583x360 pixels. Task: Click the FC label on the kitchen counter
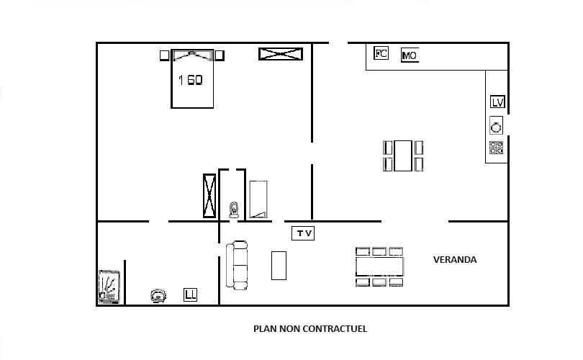tap(381, 53)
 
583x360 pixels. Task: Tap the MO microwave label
tap(410, 55)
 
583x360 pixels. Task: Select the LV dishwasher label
tap(497, 102)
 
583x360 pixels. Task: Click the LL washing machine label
tap(190, 295)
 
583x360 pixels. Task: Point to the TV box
tap(303, 233)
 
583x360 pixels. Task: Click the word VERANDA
tap(455, 260)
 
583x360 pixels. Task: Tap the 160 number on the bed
tap(190, 80)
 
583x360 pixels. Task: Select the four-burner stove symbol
tap(497, 148)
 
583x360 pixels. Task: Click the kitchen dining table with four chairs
tap(403, 156)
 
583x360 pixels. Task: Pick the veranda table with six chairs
tap(379, 266)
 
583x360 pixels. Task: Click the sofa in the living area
tap(237, 265)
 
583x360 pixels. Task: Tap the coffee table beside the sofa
tap(279, 266)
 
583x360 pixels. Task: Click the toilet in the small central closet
tap(234, 210)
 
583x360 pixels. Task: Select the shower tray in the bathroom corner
tap(109, 287)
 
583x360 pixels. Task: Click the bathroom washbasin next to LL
tap(158, 296)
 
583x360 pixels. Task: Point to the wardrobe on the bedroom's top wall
tap(281, 54)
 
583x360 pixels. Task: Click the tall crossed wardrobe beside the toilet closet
tap(209, 196)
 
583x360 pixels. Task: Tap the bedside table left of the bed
tap(165, 55)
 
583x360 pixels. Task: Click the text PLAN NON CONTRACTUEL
tap(310, 329)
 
